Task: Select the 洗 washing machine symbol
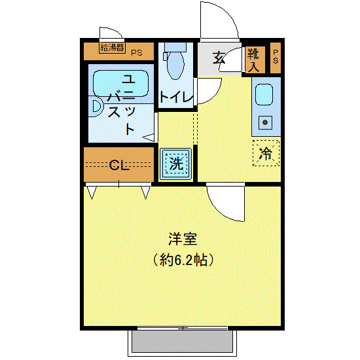click(x=176, y=163)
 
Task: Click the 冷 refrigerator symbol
click(x=266, y=154)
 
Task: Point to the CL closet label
click(x=118, y=164)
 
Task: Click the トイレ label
click(x=177, y=97)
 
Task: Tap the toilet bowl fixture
click(x=175, y=65)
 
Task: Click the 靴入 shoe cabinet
click(x=254, y=60)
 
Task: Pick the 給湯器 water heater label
click(x=112, y=47)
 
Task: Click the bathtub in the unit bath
click(x=122, y=83)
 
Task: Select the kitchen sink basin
click(x=265, y=96)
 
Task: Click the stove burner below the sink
click(x=266, y=121)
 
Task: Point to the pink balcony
click(x=182, y=342)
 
